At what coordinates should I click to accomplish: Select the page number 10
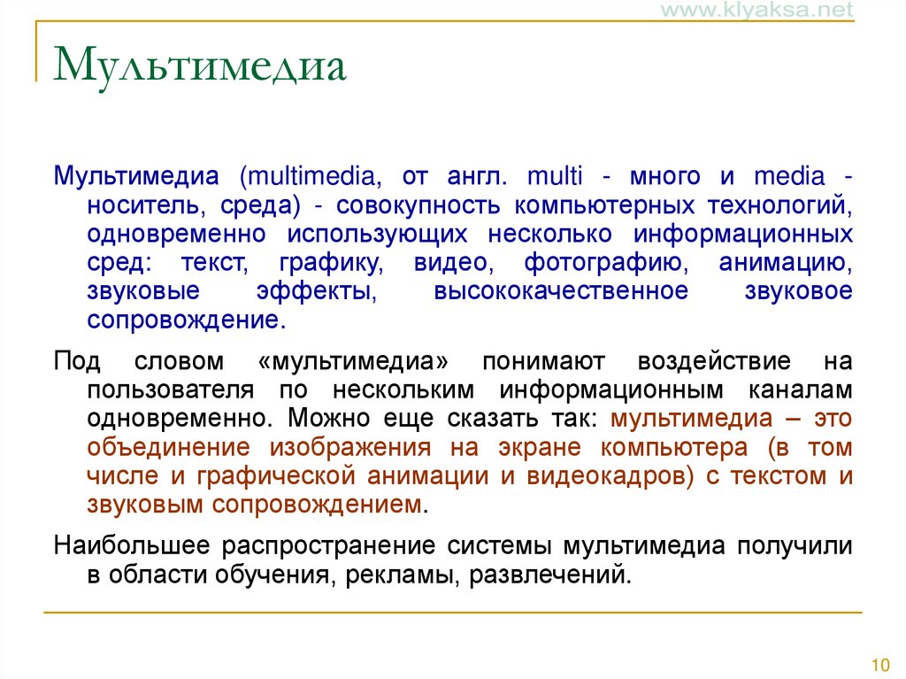tap(879, 665)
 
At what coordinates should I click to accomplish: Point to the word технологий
tap(779, 205)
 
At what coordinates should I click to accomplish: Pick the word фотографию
tap(602, 263)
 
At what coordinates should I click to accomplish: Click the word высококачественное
tap(560, 291)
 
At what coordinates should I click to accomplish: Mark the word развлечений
tap(549, 575)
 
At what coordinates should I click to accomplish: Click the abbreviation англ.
tap(479, 176)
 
